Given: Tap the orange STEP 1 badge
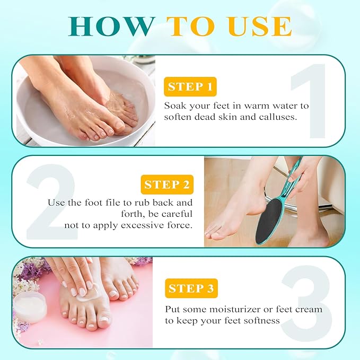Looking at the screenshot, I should tap(189, 86).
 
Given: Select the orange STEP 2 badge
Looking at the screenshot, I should tap(166, 185).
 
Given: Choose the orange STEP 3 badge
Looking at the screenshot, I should tap(191, 288).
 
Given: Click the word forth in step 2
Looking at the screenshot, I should tap(60, 214).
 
